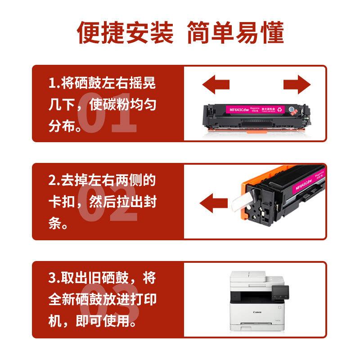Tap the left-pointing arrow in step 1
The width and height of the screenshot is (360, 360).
tap(216, 84)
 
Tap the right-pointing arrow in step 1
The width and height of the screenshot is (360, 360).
tap(297, 84)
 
